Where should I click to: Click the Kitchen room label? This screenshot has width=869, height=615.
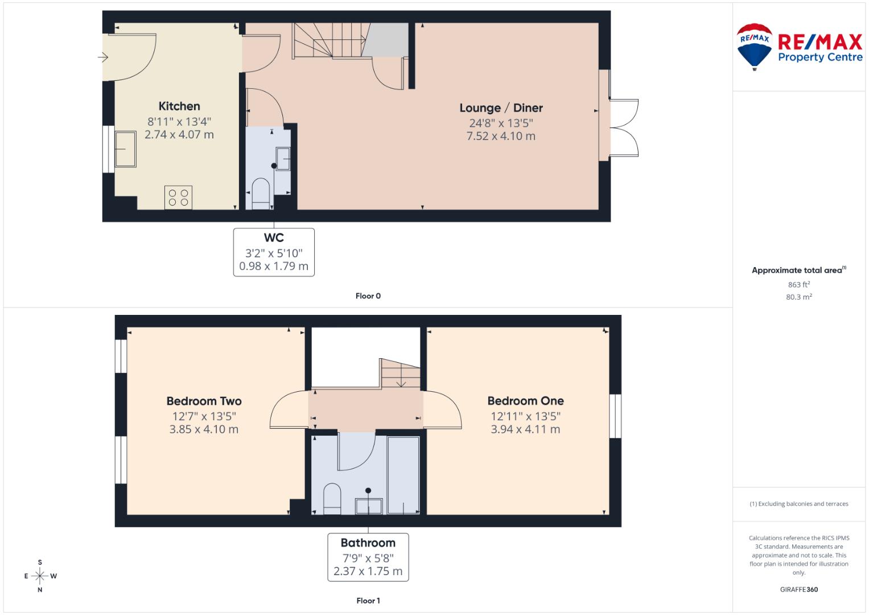(x=179, y=106)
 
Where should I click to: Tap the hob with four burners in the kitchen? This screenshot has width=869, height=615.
(x=178, y=197)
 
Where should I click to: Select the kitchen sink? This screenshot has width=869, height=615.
(x=125, y=149)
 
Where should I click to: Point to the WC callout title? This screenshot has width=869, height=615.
(x=274, y=238)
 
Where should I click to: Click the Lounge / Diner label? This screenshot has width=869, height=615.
(x=501, y=108)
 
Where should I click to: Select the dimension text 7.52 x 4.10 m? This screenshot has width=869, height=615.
(x=501, y=136)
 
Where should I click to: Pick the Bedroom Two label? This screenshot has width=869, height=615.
(x=204, y=401)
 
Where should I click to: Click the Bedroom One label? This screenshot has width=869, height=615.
(x=525, y=401)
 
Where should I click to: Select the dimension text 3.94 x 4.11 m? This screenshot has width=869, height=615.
(x=525, y=429)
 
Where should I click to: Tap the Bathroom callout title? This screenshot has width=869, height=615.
(x=368, y=543)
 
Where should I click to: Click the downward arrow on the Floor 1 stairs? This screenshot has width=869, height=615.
(x=401, y=381)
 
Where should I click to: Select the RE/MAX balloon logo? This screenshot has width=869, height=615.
(x=754, y=46)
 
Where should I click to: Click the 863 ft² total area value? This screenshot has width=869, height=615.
(x=798, y=285)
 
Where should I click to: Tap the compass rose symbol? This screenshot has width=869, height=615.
(x=40, y=576)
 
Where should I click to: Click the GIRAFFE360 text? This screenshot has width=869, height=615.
(x=798, y=589)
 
